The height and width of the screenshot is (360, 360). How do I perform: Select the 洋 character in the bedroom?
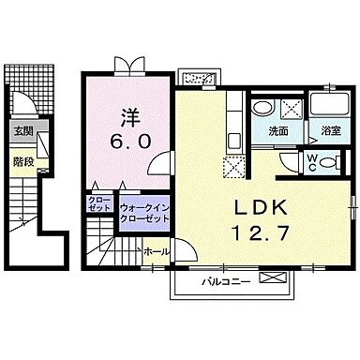(x=128, y=118)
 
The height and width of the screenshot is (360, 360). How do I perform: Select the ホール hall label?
(x=157, y=251)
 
